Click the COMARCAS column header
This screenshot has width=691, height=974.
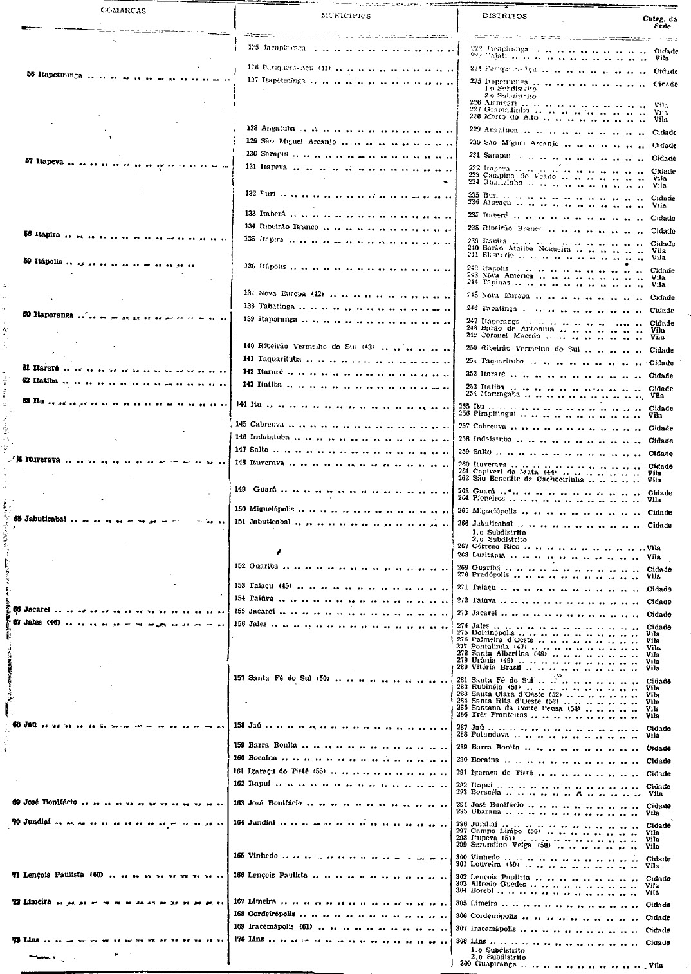124,10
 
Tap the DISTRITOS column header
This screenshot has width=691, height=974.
504,16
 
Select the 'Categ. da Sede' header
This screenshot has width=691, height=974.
659,23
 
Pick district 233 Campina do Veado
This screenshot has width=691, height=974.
512,176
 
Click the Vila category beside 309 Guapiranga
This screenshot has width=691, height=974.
655,965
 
